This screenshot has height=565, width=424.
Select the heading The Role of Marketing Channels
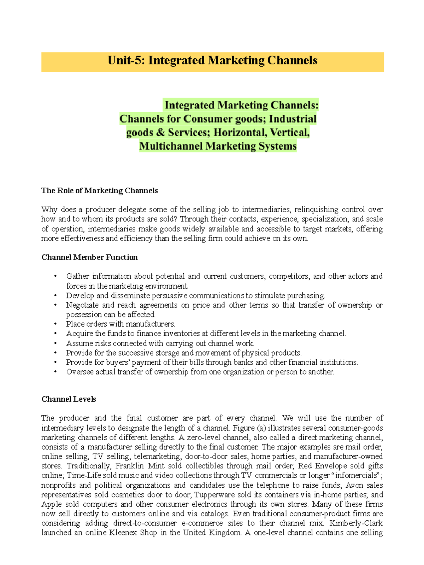pyautogui.click(x=100, y=191)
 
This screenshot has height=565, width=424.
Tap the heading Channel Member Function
pyautogui.click(x=89, y=257)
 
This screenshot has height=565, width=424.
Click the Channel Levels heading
pyautogui.click(x=69, y=399)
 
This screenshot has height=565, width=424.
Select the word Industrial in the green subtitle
pyautogui.click(x=293, y=119)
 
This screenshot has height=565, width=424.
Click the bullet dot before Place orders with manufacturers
pyautogui.click(x=55, y=324)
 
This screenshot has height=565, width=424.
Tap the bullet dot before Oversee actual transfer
pyautogui.click(x=55, y=372)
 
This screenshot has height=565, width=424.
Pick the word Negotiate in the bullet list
pyautogui.click(x=82, y=305)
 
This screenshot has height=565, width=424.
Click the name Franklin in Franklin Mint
pyautogui.click(x=129, y=466)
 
